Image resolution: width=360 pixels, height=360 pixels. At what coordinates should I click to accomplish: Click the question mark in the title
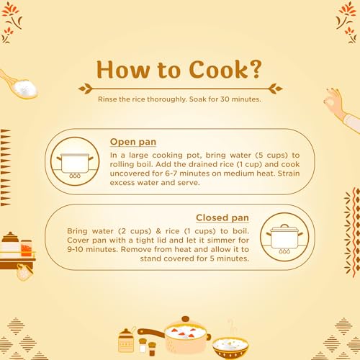pos(254,69)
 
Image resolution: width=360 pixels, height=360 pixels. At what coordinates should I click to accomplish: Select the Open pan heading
pos(133,142)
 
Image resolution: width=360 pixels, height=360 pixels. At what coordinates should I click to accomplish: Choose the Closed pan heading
pos(222,217)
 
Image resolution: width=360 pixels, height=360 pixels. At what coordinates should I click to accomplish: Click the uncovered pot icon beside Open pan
pos(75,166)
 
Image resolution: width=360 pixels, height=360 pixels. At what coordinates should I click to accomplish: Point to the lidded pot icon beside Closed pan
pos(284,239)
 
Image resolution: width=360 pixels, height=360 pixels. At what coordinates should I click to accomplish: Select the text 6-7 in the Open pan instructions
pos(171,174)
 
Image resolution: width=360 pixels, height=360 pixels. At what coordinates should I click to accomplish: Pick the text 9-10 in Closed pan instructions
pos(75,249)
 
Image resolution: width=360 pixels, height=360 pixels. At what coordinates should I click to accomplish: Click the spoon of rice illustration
pos(19,85)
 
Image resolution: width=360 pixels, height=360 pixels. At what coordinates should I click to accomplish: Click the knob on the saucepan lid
pos(185,319)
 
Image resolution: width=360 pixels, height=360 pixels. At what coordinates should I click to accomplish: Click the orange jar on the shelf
pos(26,248)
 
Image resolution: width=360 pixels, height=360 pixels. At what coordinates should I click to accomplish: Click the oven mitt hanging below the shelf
pos(24,272)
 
